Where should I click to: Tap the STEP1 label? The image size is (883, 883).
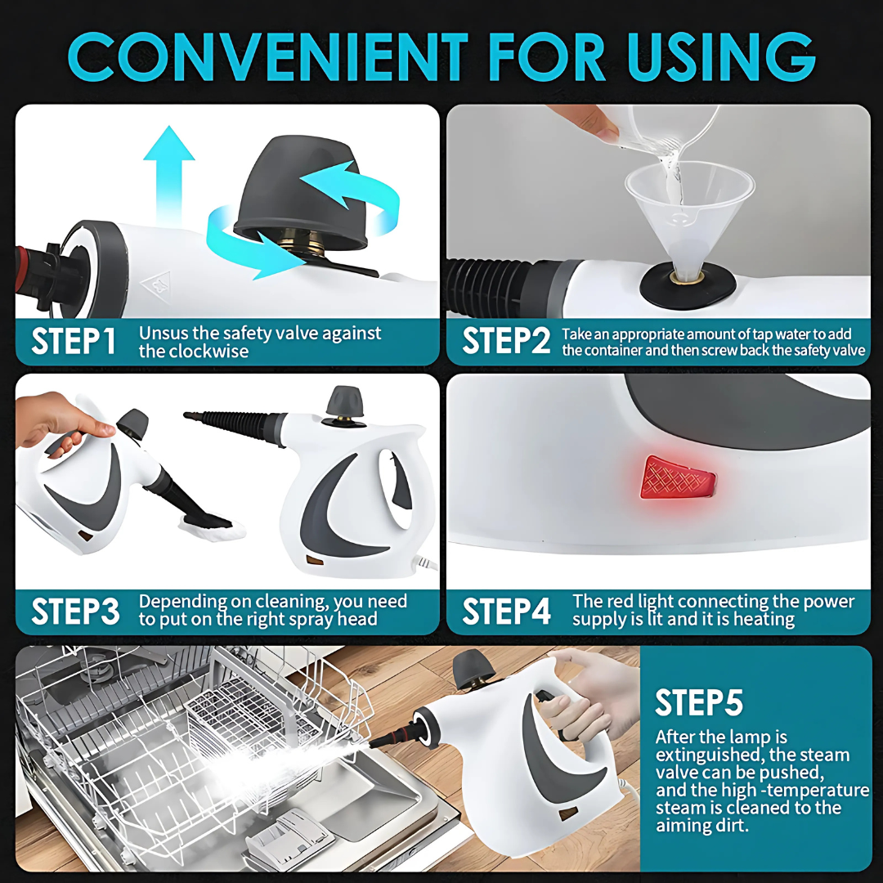tap(74, 341)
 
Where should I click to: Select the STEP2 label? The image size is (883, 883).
tap(506, 341)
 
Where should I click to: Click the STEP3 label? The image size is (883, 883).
tap(75, 611)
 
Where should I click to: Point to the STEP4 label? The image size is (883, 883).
tap(506, 611)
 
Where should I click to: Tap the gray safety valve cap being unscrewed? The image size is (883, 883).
tap(303, 195)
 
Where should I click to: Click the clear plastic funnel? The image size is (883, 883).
tap(688, 213)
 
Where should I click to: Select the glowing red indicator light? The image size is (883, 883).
tap(677, 477)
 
